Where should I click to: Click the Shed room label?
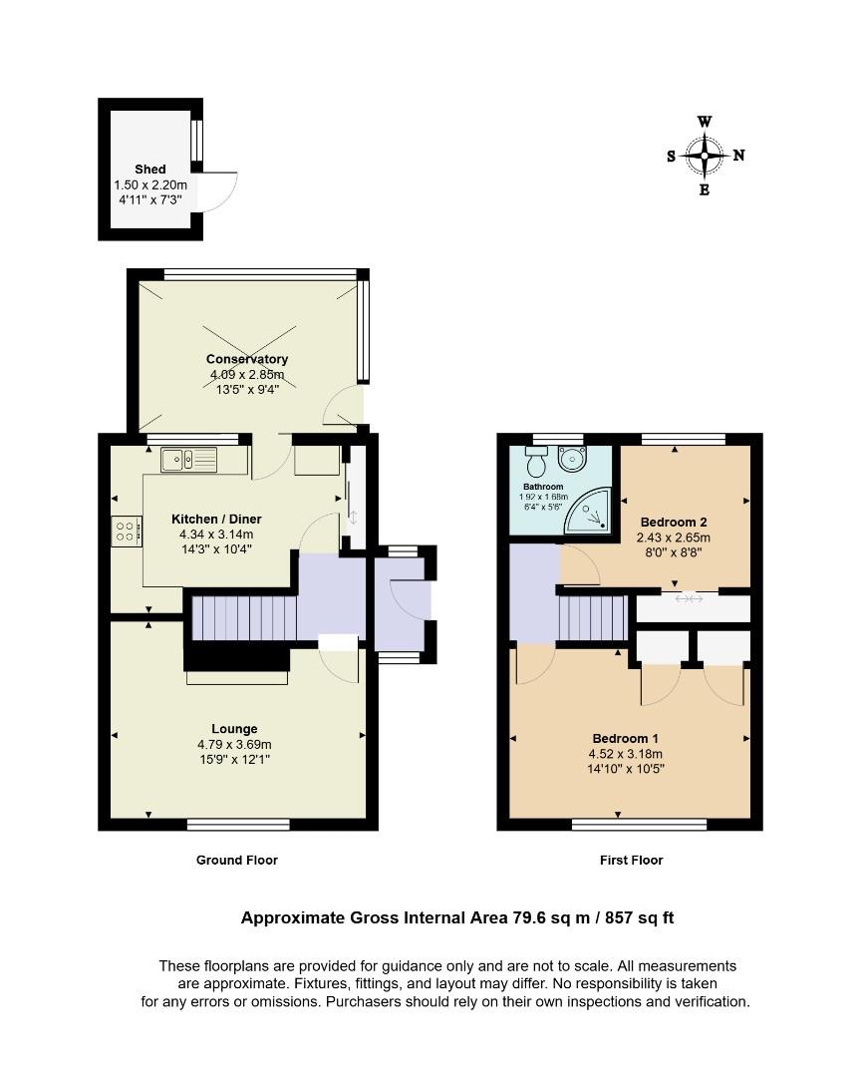point(150,170)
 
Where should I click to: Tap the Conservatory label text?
point(247,359)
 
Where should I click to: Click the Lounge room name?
point(234,729)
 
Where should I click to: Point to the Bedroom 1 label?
point(625,739)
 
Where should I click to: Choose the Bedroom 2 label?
point(673,523)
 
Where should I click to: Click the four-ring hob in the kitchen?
point(127,531)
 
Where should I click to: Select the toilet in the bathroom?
point(535,463)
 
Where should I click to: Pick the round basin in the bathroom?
point(572,459)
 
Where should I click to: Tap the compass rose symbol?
point(706,156)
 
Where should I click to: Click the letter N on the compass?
point(738,156)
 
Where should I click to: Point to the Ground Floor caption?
point(237,860)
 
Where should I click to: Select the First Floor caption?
point(631,860)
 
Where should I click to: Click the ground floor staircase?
point(243,618)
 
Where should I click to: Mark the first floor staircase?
point(592,618)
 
